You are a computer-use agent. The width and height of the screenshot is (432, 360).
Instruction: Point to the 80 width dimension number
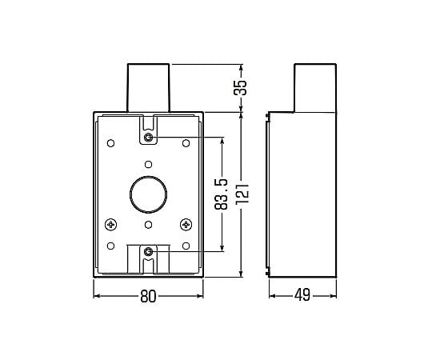[147, 296]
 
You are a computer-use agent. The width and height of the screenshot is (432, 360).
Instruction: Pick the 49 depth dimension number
[302, 296]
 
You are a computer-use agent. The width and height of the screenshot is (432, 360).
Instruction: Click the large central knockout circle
[148, 190]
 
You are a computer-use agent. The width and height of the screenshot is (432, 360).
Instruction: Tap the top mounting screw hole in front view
[149, 137]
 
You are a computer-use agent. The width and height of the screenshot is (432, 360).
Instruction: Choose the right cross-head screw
[185, 224]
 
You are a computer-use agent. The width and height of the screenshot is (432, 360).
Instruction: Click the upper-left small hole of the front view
[111, 143]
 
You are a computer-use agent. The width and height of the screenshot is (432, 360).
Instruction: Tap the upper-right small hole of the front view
[186, 143]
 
